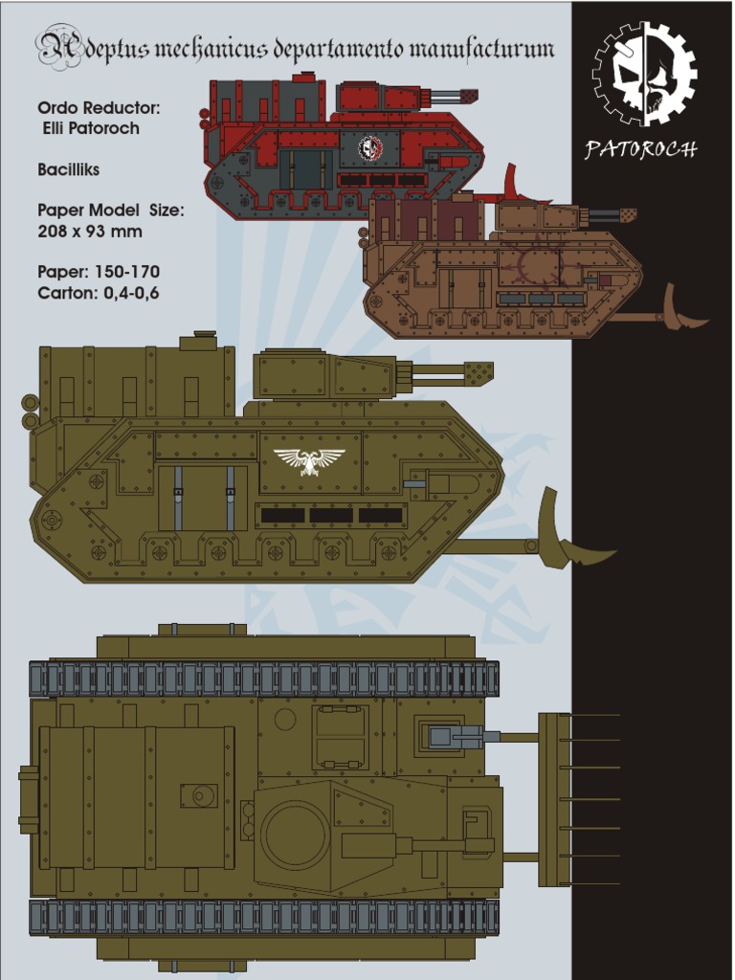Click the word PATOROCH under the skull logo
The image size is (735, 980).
point(641,149)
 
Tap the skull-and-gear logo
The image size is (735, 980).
point(643,74)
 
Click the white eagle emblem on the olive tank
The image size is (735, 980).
point(309,461)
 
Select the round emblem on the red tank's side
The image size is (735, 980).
point(370,148)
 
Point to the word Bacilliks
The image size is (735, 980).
point(69,169)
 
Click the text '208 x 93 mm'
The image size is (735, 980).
point(90,231)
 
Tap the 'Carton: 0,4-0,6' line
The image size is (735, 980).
point(99,293)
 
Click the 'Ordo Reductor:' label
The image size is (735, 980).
point(99,108)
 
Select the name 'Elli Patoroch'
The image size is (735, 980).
point(91,128)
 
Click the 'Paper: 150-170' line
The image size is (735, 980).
point(99,272)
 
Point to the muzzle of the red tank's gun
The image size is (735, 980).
point(469,96)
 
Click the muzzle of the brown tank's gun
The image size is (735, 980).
point(628,215)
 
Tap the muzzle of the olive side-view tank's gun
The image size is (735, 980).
point(479,373)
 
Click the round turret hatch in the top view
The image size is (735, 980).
point(297,834)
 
